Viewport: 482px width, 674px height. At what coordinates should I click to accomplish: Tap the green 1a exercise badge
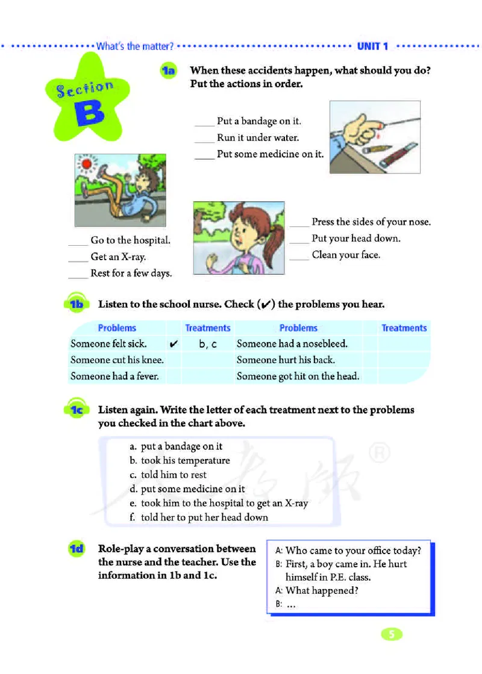tap(167, 72)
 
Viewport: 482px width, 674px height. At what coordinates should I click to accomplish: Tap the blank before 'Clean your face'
tap(299, 257)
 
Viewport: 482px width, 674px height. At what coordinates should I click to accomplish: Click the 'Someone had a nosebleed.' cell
tap(292, 344)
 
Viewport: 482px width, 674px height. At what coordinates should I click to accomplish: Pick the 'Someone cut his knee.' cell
tap(117, 360)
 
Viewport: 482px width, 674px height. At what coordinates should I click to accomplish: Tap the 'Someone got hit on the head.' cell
tap(298, 376)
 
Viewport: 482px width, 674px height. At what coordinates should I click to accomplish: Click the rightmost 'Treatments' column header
tap(404, 328)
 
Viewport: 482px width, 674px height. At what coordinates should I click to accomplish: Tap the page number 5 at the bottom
tap(392, 634)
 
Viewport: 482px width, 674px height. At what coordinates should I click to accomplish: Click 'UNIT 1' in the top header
tap(374, 46)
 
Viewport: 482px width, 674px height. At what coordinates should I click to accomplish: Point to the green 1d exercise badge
tap(77, 549)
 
